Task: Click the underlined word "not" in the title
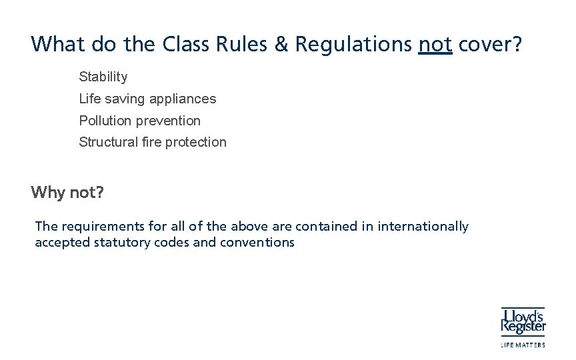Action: click(435, 44)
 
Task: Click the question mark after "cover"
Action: click(517, 44)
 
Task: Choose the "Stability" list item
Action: click(103, 77)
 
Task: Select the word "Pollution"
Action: click(105, 121)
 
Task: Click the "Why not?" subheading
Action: click(67, 193)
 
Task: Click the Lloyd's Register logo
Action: click(523, 321)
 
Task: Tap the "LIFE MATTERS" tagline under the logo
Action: click(523, 345)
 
